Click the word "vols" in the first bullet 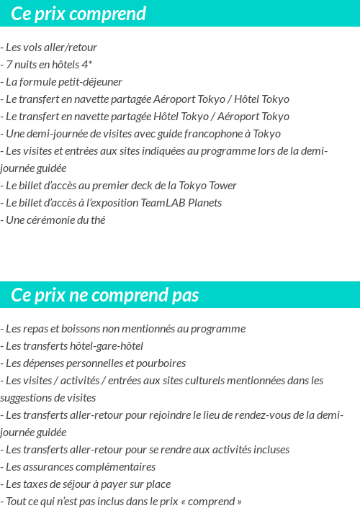[35, 47]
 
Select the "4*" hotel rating [86, 65]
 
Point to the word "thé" [96, 220]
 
